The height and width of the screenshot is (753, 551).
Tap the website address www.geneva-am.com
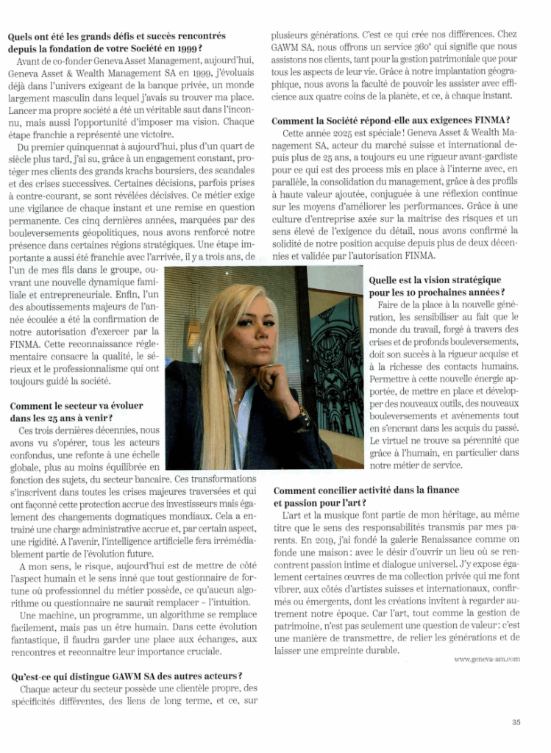coord(487,659)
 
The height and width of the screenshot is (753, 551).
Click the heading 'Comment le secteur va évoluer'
coord(77,406)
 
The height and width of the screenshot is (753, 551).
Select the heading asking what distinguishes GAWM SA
coord(126,676)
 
